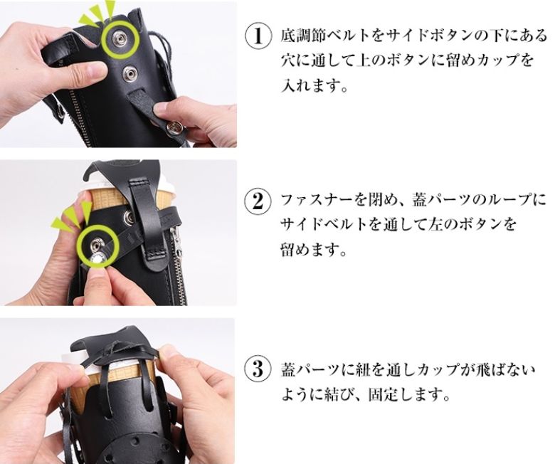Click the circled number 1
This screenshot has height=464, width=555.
point(258,36)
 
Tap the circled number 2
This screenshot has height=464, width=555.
point(258,200)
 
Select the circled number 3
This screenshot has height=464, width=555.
point(258,369)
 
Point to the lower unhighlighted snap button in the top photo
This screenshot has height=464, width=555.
point(129,74)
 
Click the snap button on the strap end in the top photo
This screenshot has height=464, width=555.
point(174,125)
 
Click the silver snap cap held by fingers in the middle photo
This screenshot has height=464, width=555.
point(97,260)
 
